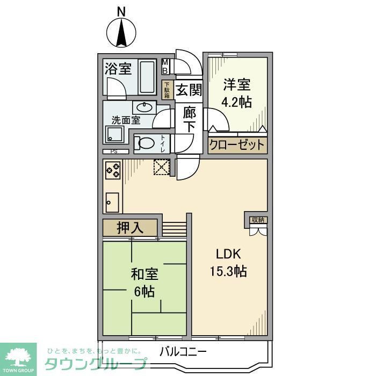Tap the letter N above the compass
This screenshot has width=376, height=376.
click(x=122, y=11)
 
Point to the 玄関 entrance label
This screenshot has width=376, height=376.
click(x=188, y=90)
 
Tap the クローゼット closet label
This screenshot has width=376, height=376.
click(x=237, y=145)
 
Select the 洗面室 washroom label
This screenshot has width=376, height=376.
click(x=126, y=120)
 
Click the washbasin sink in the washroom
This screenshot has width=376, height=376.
click(x=144, y=106)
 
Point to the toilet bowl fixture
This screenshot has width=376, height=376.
click(x=144, y=144)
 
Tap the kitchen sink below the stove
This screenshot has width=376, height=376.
click(x=112, y=202)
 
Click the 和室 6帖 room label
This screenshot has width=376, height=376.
click(x=144, y=283)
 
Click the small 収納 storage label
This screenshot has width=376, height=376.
click(x=257, y=219)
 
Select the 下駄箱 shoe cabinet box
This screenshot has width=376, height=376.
click(x=167, y=89)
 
